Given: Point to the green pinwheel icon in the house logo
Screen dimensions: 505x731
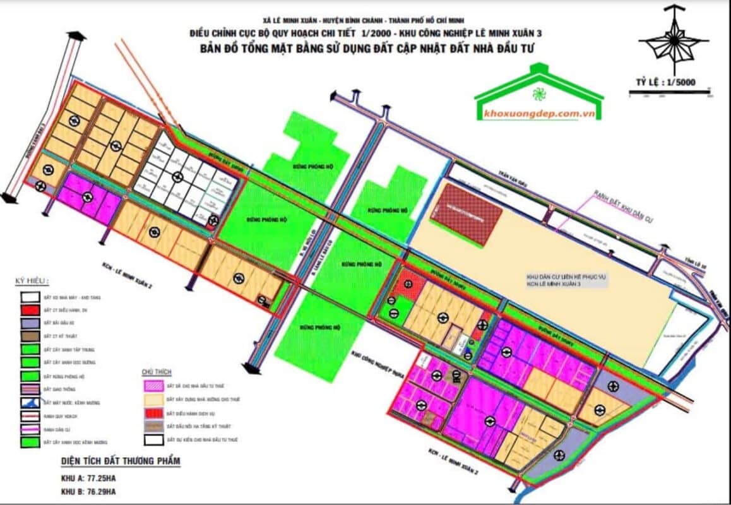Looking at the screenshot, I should [x=538, y=95].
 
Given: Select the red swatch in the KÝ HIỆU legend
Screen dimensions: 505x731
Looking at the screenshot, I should [x=27, y=310].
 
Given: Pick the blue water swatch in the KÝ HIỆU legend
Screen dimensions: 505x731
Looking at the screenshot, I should [x=27, y=402].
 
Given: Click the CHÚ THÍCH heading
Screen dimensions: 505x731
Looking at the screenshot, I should [x=157, y=373].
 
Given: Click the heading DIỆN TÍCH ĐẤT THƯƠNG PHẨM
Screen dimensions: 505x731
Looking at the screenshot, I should [x=121, y=461].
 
